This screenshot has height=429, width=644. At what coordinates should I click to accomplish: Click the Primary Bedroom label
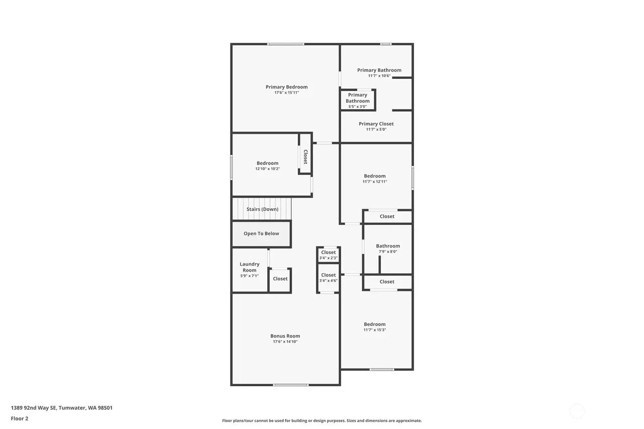point(286,87)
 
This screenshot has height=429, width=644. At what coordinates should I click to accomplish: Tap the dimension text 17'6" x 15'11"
point(286,93)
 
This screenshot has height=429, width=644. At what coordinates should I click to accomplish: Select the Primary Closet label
point(376,124)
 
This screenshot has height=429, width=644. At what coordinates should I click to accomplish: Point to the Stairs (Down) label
point(262,209)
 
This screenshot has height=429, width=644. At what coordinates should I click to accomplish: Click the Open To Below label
point(261,233)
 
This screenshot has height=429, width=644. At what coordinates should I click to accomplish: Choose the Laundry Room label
point(250,267)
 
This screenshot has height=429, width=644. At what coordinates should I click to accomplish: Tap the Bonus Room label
point(285,336)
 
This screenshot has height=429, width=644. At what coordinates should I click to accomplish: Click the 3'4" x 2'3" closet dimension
point(328,258)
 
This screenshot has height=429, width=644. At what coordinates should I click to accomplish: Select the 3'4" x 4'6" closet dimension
point(328,281)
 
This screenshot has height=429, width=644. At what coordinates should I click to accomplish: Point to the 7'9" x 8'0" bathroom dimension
point(388,251)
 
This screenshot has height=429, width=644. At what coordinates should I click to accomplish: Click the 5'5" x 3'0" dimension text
point(357,107)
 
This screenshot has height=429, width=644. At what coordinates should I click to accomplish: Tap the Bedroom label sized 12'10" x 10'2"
point(267,163)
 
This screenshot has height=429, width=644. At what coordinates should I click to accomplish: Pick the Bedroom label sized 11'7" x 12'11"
point(375,176)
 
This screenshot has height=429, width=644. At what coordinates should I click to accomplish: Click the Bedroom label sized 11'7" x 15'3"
point(375,324)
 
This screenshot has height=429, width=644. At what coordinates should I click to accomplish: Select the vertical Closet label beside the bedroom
point(305,157)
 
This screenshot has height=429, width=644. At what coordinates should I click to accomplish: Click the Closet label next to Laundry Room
point(280,279)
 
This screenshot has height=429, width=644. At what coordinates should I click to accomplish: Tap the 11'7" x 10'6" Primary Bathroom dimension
point(379,76)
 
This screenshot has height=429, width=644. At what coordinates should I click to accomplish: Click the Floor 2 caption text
point(20,418)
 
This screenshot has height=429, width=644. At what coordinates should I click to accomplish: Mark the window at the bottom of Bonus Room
point(290,385)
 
